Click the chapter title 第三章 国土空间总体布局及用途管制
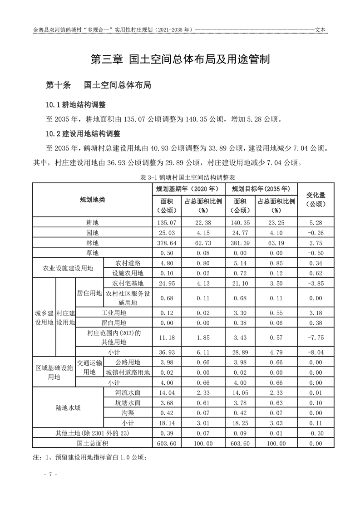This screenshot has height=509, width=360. pos(180,59)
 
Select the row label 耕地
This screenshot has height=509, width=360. pos(92,222)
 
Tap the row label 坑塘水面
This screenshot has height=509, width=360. pos(128,402)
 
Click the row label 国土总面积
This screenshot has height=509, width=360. pos(92,443)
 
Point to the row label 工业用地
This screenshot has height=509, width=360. pos(113,313)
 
